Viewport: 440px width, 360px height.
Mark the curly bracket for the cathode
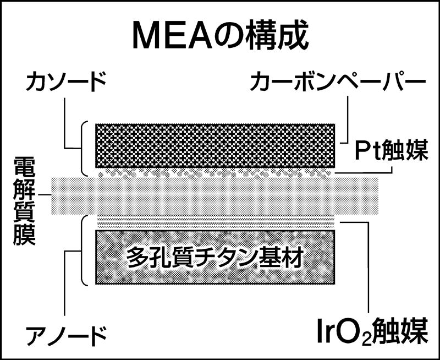pos(84,148)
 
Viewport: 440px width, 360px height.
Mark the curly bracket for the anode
pos(84,250)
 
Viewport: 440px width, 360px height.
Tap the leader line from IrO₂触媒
pos(366,264)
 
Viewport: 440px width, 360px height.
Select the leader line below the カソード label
pos(65,124)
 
